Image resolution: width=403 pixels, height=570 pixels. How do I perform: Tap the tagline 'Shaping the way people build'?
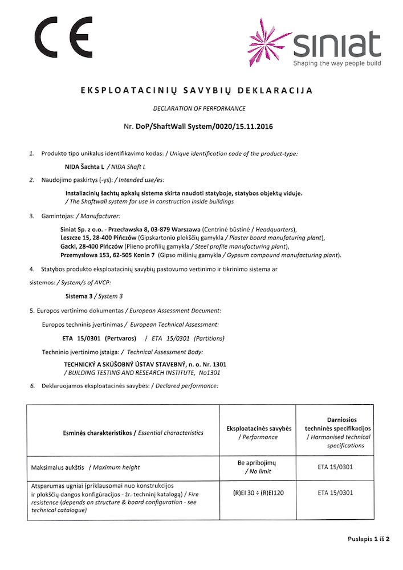click(337, 63)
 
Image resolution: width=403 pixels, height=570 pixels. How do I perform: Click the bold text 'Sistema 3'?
click(80, 296)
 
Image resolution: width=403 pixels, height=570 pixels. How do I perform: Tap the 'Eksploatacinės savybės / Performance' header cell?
click(259, 433)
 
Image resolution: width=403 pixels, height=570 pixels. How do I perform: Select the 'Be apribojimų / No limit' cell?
click(259, 467)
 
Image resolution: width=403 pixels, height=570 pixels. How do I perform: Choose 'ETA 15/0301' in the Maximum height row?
click(335, 467)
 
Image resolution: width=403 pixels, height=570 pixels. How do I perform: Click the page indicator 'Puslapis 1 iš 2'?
click(368, 539)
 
